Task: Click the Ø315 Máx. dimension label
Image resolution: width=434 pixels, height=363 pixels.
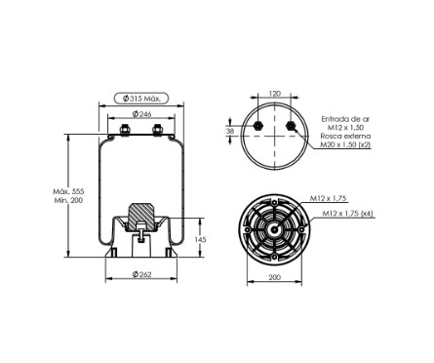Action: tap(141, 99)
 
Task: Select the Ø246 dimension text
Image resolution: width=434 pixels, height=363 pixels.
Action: tap(141, 114)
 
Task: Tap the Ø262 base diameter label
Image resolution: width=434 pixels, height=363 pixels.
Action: tap(141, 274)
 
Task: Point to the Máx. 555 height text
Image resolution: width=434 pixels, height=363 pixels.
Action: tap(68, 191)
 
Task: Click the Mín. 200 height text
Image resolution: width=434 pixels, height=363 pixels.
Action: tap(68, 200)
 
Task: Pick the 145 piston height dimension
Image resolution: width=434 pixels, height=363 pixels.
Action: tap(200, 240)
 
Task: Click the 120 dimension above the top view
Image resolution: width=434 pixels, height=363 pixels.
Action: tap(275, 94)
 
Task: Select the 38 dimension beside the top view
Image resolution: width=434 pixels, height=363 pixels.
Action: tap(230, 131)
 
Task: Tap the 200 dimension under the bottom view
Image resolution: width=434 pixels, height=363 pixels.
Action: tap(275, 277)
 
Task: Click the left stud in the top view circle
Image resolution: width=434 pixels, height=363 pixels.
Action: tap(258, 125)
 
